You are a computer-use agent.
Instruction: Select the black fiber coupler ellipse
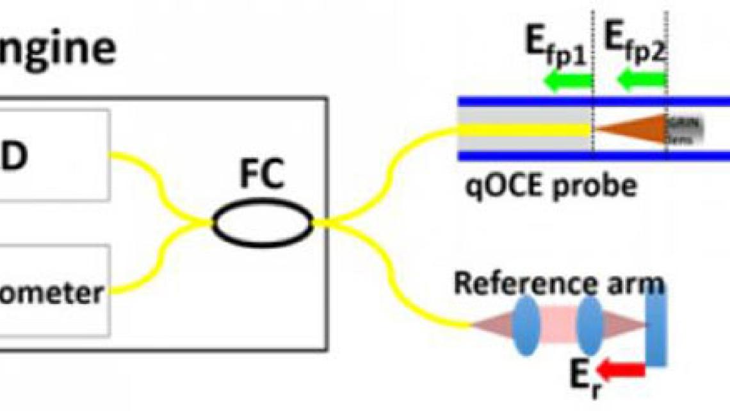(x=263, y=224)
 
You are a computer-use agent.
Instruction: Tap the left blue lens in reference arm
(x=525, y=326)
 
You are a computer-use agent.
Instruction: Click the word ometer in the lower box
(x=51, y=293)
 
